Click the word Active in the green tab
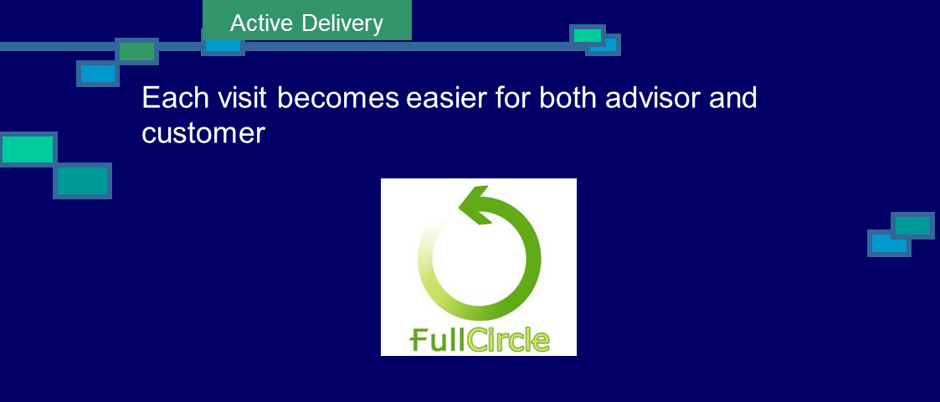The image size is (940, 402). [x=261, y=23]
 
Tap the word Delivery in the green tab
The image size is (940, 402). [x=342, y=24]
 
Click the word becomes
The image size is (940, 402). [x=337, y=97]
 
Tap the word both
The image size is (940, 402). [x=568, y=97]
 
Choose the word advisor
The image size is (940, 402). [x=652, y=97]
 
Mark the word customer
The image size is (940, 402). [x=203, y=132]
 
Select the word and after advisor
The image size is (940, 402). [x=732, y=97]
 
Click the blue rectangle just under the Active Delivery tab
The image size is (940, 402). [x=223, y=45]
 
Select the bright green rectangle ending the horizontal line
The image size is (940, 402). [x=588, y=35]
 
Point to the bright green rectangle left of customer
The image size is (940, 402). [x=28, y=149]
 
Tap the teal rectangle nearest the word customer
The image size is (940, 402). [x=83, y=181]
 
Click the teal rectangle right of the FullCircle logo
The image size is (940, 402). [x=912, y=225]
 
